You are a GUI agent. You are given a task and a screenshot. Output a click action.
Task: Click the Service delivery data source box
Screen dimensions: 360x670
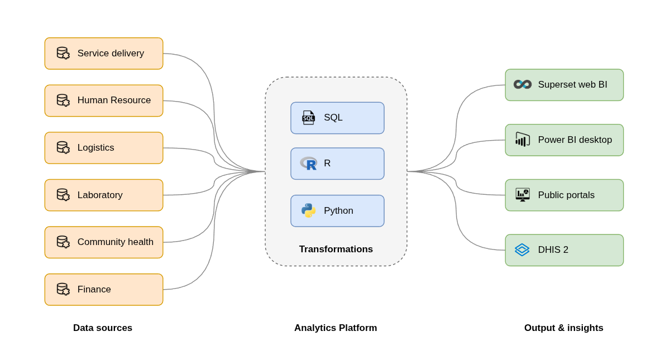click(x=104, y=54)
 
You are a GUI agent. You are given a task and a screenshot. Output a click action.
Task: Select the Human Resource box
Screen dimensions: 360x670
click(x=104, y=100)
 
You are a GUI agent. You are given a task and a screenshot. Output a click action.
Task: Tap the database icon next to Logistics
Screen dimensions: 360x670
click(x=63, y=148)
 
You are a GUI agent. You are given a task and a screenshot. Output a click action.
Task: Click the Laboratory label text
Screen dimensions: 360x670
click(x=100, y=195)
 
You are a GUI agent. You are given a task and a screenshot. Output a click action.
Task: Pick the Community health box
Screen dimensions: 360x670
click(x=104, y=242)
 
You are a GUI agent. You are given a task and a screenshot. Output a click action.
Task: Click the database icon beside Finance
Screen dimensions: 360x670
click(x=63, y=289)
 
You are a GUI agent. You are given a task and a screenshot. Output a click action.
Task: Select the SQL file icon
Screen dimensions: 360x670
click(x=308, y=118)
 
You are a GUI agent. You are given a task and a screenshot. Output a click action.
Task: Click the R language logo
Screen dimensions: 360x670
click(x=308, y=164)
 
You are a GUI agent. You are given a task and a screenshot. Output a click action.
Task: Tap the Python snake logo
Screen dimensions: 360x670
click(x=308, y=210)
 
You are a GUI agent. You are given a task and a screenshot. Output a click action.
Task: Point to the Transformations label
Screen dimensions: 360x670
click(x=336, y=249)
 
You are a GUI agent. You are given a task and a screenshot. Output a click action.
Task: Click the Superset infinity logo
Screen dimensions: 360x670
click(x=522, y=84)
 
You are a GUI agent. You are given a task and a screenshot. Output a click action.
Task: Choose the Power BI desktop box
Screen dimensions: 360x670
click(x=564, y=140)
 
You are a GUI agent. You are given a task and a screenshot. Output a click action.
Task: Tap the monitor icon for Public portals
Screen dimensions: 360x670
click(x=522, y=195)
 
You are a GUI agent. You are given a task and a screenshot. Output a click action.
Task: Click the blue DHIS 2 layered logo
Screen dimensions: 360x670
click(x=522, y=249)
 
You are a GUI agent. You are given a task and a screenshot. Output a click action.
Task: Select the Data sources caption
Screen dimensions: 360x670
click(x=103, y=328)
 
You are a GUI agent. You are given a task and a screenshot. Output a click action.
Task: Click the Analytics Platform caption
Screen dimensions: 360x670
click(x=336, y=328)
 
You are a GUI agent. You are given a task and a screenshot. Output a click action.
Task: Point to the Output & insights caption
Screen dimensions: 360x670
click(x=563, y=328)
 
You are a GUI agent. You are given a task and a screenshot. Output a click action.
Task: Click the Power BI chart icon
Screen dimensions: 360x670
click(x=522, y=140)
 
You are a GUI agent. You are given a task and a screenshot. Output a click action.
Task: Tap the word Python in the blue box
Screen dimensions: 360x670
click(x=338, y=211)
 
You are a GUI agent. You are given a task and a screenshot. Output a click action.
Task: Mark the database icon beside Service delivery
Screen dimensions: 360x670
click(x=63, y=53)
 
